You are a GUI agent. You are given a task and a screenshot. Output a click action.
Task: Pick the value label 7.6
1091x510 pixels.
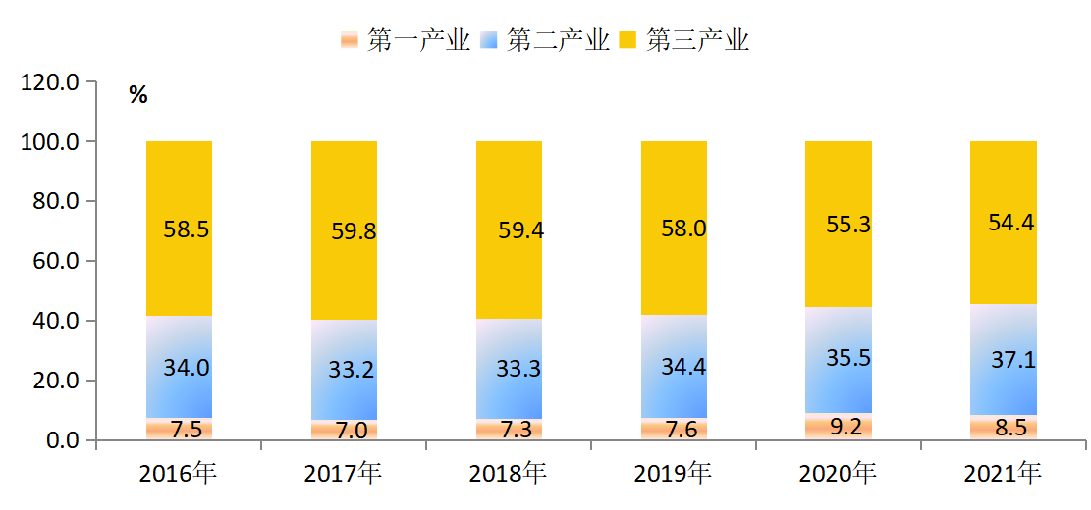click(x=674, y=430)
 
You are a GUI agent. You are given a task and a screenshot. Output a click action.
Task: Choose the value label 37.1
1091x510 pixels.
click(x=1013, y=360)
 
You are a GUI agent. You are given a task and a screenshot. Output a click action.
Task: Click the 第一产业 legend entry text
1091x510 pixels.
click(x=418, y=40)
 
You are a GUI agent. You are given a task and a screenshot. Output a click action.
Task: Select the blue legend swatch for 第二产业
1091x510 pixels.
click(x=489, y=40)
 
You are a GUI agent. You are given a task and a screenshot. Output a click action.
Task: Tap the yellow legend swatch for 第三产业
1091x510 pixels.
click(x=628, y=40)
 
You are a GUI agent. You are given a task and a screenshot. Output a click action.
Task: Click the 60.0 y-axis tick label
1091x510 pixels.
click(x=54, y=261)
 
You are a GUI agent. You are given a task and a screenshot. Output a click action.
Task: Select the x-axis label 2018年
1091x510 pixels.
click(x=508, y=475)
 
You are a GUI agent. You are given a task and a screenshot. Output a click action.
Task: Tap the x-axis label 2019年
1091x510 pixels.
click(x=673, y=475)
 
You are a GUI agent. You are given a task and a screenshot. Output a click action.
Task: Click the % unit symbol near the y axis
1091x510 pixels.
click(x=137, y=95)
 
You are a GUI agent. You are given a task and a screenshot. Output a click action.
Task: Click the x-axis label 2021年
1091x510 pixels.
click(x=1003, y=475)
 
